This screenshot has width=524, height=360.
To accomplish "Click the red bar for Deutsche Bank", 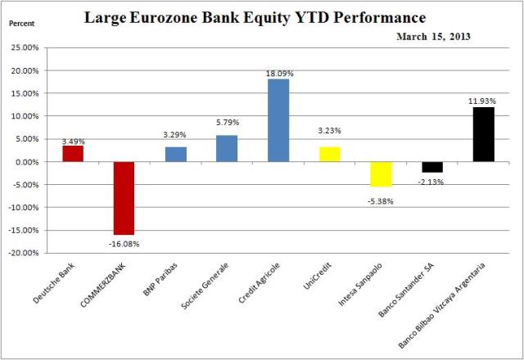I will pyautogui.click(x=73, y=153).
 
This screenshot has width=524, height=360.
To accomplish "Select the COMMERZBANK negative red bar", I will pyautogui.click(x=124, y=198).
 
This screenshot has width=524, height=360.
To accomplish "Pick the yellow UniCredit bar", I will pyautogui.click(x=329, y=154).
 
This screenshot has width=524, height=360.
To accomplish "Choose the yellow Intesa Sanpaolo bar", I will pyautogui.click(x=381, y=173).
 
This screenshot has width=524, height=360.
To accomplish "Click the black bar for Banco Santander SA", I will pyautogui.click(x=431, y=166).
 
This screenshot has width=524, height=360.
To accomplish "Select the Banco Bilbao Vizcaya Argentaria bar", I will pyautogui.click(x=483, y=134).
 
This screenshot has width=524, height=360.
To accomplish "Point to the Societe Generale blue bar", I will pyautogui.click(x=226, y=148).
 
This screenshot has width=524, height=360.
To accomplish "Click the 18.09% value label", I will pyautogui.click(x=278, y=73).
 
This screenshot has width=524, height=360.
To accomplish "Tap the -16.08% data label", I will pyautogui.click(x=124, y=243).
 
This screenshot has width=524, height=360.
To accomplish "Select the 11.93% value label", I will pyautogui.click(x=483, y=101).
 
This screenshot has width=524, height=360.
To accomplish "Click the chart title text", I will pyautogui.click(x=261, y=16).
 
